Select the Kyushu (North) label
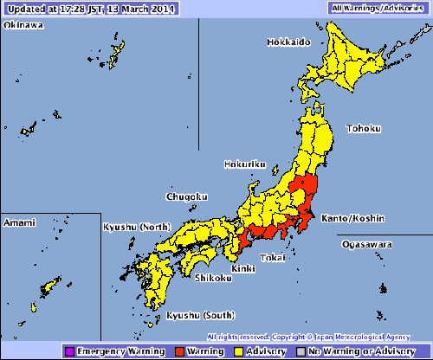[137, 226]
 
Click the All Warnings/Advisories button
[378, 7]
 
